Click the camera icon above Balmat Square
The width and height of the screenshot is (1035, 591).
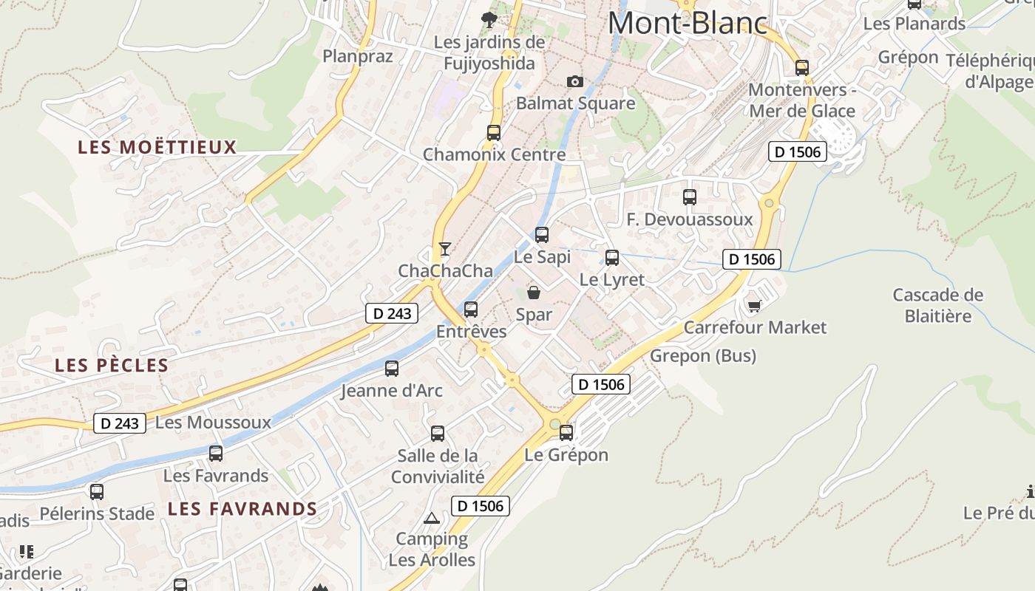(574, 81)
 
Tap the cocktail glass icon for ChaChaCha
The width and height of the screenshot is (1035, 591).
(444, 248)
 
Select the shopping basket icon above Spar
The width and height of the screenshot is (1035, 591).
(533, 293)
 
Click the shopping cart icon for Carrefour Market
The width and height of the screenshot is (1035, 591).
(754, 305)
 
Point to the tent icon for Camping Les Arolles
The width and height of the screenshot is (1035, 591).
(432, 518)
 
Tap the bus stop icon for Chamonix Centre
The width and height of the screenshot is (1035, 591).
(494, 133)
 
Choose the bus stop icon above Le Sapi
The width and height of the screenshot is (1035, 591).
(542, 235)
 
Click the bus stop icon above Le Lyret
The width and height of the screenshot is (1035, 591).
(612, 258)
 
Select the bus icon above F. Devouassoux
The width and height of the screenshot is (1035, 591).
(690, 197)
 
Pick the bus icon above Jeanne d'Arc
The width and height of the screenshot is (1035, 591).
(392, 368)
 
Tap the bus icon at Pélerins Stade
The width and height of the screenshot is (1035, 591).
(97, 491)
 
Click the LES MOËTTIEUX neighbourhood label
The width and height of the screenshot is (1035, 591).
(157, 148)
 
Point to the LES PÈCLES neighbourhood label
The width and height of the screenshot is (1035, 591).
(112, 366)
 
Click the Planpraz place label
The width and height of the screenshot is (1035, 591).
(358, 56)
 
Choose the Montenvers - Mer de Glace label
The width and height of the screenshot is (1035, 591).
(802, 100)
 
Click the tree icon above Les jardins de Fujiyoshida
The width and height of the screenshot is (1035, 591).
(489, 20)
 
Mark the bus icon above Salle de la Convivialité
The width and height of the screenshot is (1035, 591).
(438, 433)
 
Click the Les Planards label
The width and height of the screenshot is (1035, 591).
(914, 24)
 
